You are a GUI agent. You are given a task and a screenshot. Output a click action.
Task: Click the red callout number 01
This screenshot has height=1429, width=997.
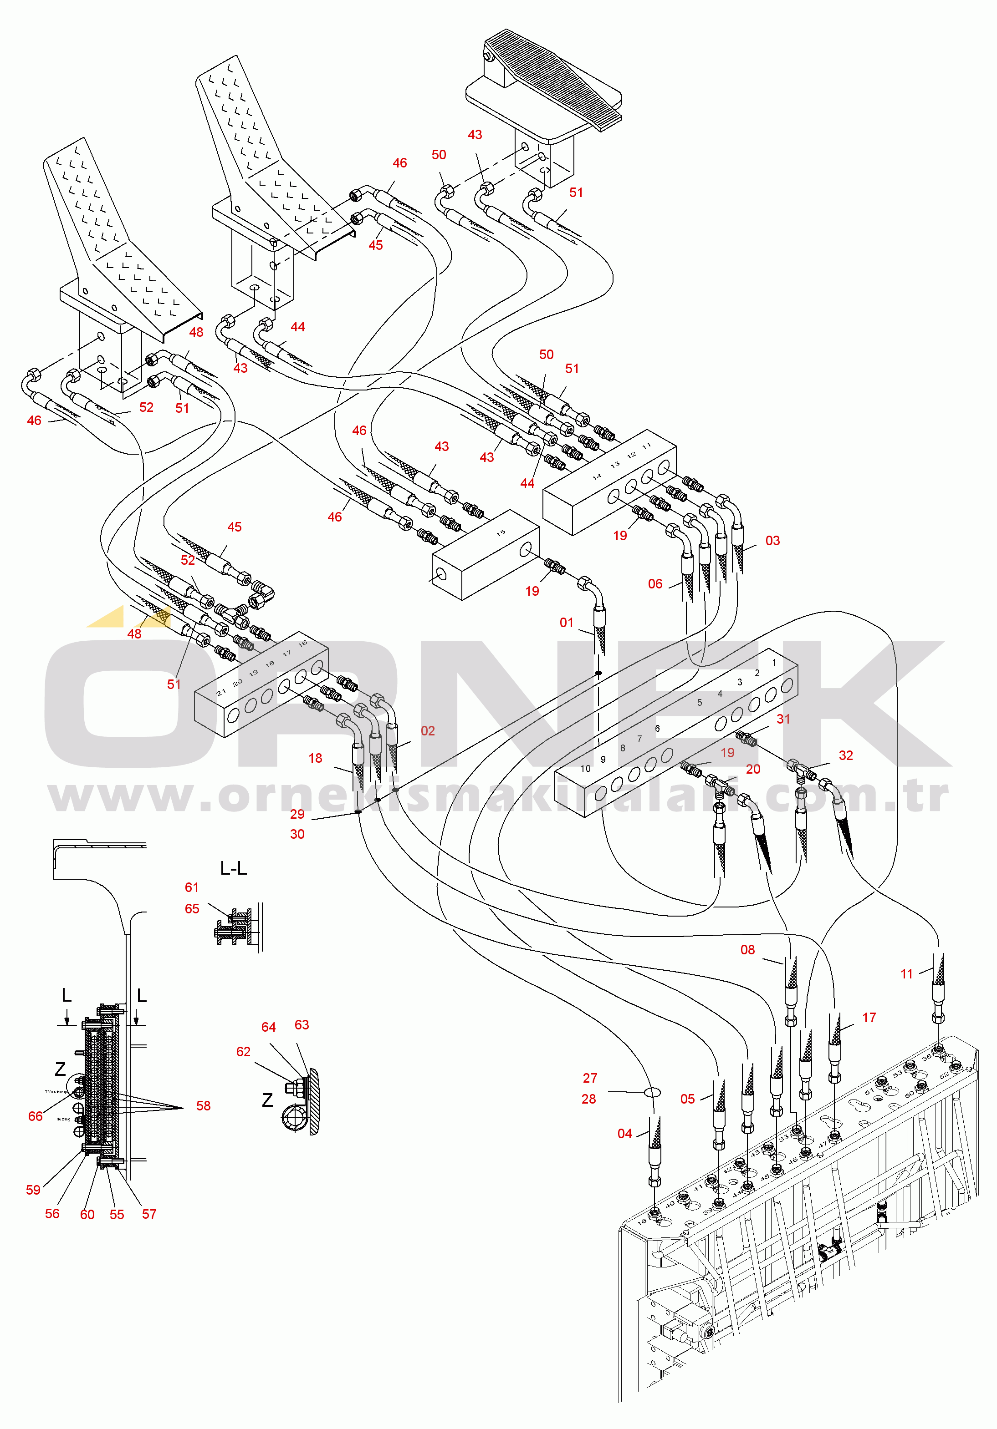(566, 623)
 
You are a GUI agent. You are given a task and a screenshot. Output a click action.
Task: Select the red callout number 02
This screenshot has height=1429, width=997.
(427, 731)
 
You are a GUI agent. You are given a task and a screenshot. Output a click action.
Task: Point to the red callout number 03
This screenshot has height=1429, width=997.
(772, 540)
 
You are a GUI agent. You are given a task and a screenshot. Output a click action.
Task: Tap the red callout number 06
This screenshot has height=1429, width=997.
(655, 584)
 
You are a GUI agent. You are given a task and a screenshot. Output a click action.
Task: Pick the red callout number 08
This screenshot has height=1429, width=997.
(747, 950)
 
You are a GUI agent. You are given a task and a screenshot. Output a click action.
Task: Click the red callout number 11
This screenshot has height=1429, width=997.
(907, 974)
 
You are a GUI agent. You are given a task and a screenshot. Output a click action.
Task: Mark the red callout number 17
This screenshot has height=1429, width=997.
(869, 1018)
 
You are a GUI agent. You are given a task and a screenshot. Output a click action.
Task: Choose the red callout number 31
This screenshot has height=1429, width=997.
(783, 719)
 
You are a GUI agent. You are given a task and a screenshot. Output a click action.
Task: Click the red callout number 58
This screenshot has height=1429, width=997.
(203, 1106)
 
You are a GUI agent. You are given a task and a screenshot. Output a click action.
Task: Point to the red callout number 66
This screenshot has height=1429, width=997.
(36, 1116)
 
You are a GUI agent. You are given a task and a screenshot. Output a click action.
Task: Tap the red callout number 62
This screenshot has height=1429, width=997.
(243, 1052)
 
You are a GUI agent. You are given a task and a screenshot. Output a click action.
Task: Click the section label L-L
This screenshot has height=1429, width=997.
(234, 868)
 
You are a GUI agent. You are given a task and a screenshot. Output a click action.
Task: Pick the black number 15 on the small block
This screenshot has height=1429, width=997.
(501, 533)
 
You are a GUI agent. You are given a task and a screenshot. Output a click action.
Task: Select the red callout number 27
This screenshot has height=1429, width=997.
(590, 1078)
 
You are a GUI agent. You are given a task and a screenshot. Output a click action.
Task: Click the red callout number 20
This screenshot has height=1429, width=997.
(753, 769)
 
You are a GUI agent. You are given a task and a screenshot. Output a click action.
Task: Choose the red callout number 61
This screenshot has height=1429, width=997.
(192, 887)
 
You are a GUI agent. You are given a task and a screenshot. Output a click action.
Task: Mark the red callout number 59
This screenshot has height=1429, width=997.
(33, 1190)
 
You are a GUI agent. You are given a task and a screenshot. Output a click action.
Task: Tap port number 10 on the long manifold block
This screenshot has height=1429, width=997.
(585, 769)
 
